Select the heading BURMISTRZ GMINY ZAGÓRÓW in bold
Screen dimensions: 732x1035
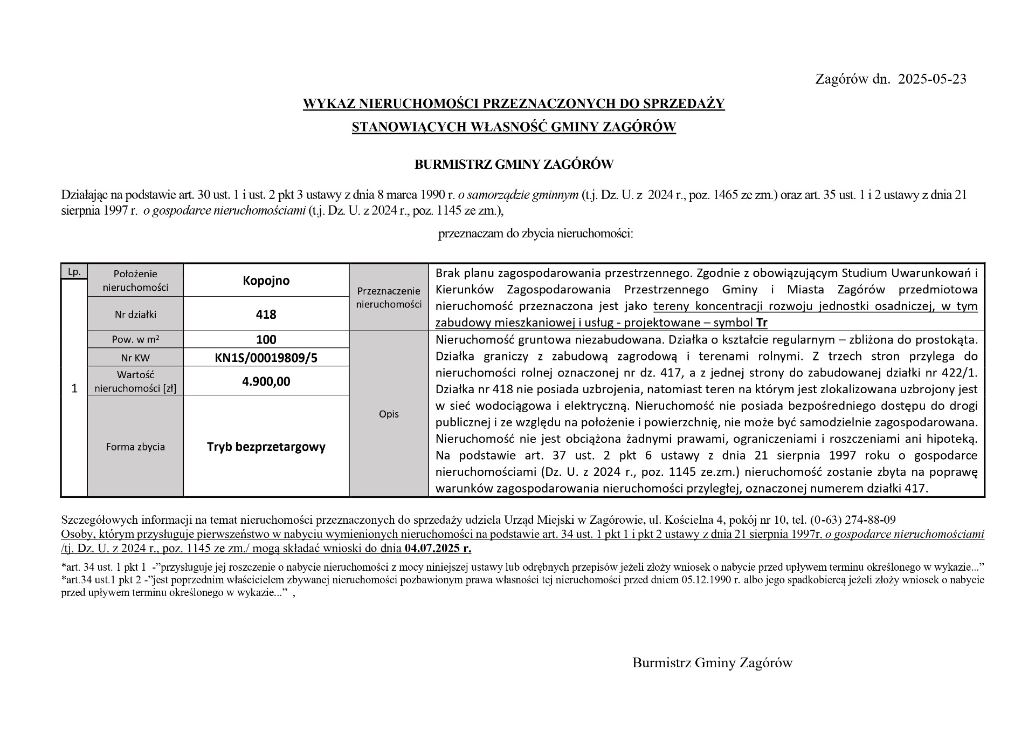[514, 165]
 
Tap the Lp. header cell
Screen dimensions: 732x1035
[74, 272]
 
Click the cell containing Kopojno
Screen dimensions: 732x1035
[266, 281]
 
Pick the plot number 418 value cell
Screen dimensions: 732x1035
[266, 314]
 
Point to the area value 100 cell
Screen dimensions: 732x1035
[266, 339]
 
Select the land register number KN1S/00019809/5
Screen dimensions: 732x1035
[266, 357]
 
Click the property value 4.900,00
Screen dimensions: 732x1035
[266, 381]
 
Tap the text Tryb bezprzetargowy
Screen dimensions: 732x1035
[266, 447]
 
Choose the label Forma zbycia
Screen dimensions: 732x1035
[135, 447]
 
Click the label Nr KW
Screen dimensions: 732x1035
[135, 358]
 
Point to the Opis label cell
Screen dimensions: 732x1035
[389, 414]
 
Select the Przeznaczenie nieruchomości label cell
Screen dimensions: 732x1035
[389, 298]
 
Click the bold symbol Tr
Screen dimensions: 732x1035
[762, 323]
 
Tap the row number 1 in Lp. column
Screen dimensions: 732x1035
[74, 388]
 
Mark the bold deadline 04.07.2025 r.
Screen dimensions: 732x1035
[437, 549]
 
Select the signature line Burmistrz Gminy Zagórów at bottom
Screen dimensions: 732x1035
[712, 663]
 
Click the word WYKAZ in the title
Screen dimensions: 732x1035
[329, 103]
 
